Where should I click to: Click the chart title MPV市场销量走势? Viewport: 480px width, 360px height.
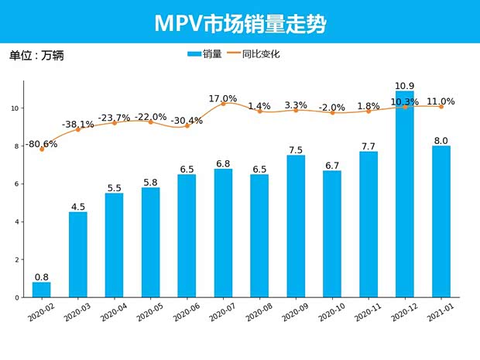click(240, 24)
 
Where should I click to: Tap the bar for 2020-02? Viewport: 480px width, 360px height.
click(42, 290)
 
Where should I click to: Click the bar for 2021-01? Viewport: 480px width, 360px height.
click(441, 221)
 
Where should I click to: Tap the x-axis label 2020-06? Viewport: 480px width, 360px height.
click(186, 313)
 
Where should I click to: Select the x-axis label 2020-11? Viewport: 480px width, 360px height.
click(368, 313)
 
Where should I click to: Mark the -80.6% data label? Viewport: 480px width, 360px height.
click(42, 144)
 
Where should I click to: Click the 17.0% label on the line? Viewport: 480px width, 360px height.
click(223, 98)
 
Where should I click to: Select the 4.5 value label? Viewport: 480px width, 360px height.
click(78, 205)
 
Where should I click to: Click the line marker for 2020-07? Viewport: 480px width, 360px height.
click(224, 104)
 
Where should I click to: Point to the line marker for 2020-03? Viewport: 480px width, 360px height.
click(78, 129)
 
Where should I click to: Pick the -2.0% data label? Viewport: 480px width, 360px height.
click(332, 108)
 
